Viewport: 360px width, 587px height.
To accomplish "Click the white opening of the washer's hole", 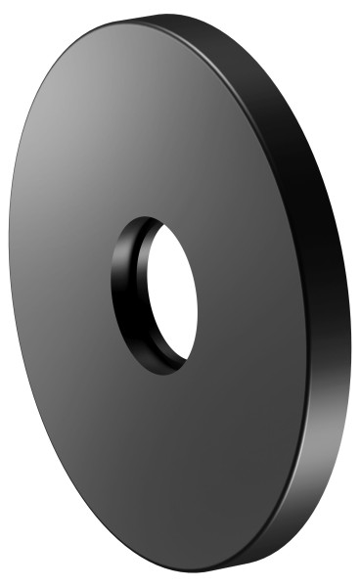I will [x=171, y=293].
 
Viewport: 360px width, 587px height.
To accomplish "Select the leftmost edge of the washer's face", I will [x=9, y=293].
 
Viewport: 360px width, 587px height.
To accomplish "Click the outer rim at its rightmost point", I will [x=349, y=323].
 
